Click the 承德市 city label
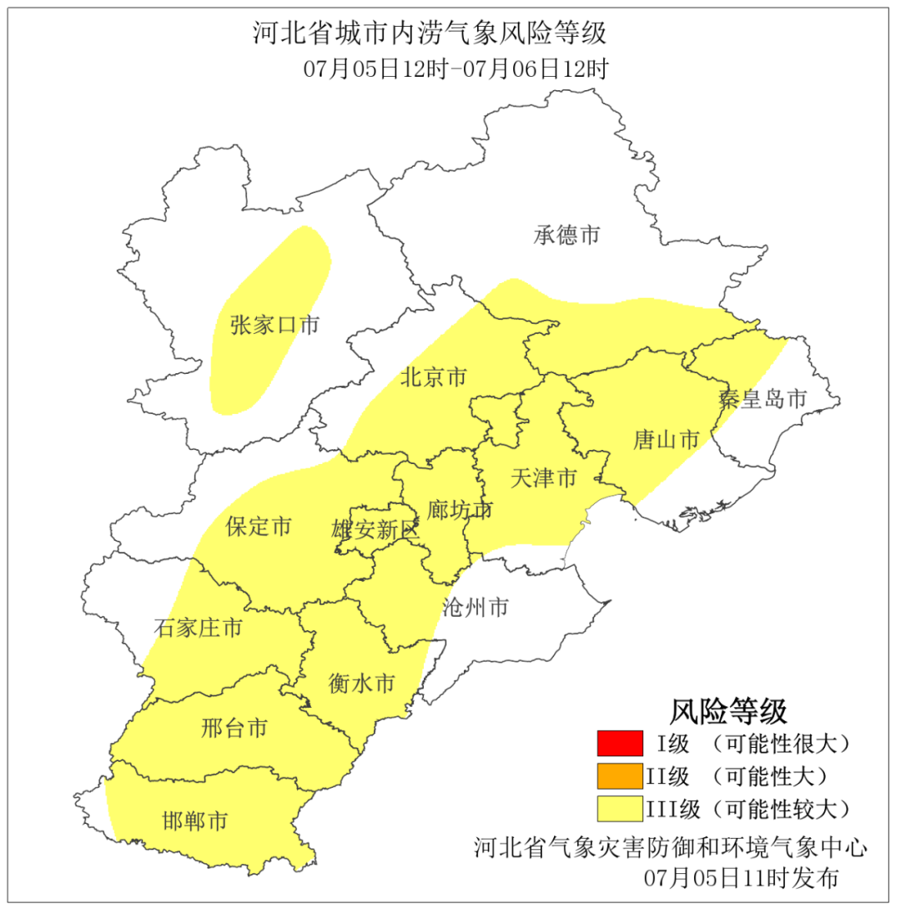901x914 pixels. click(566, 235)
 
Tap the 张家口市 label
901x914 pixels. click(274, 326)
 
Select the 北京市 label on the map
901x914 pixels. click(433, 377)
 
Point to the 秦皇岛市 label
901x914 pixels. click(763, 399)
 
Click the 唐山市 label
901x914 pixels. click(665, 440)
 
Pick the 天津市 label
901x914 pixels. click(543, 478)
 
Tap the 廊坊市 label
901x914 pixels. click(460, 509)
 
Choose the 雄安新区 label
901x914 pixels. click(375, 529)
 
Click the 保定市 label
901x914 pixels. click(259, 527)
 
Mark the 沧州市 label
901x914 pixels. click(475, 607)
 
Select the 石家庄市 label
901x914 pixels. click(199, 628)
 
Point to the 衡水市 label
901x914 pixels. click(361, 684)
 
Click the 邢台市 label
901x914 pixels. click(234, 728)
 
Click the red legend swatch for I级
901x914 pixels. click(620, 742)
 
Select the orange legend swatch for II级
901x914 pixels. click(620, 775)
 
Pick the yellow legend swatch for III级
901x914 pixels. click(620, 809)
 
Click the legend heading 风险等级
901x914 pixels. click(728, 711)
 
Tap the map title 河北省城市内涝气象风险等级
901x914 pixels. click(430, 34)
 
